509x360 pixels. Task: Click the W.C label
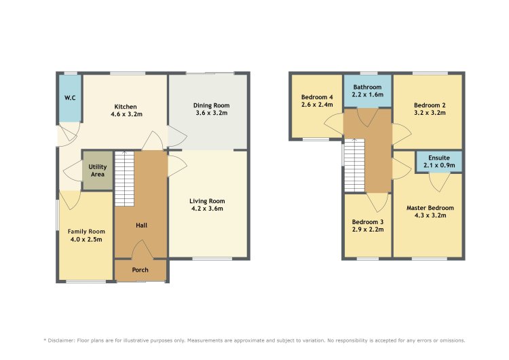(70, 98)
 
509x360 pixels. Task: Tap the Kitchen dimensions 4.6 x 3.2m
(126, 114)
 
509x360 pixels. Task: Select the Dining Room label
(211, 105)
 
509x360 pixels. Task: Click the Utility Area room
(97, 170)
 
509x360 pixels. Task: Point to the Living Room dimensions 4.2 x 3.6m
(207, 209)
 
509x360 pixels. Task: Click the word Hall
(142, 225)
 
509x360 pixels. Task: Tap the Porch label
(140, 270)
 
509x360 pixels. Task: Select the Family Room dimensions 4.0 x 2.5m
(86, 240)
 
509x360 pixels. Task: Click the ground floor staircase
(124, 179)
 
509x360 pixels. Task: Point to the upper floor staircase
(354, 165)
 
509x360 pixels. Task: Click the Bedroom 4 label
(317, 97)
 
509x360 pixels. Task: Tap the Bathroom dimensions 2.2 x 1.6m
(367, 94)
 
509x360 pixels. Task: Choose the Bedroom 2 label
(430, 105)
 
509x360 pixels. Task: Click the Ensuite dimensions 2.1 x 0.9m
(439, 165)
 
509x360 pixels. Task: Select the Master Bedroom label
(430, 208)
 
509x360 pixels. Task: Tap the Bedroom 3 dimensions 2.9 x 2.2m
(368, 230)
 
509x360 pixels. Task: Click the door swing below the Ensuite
(440, 182)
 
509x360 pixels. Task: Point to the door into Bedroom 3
(377, 202)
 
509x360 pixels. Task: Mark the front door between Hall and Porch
(142, 249)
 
